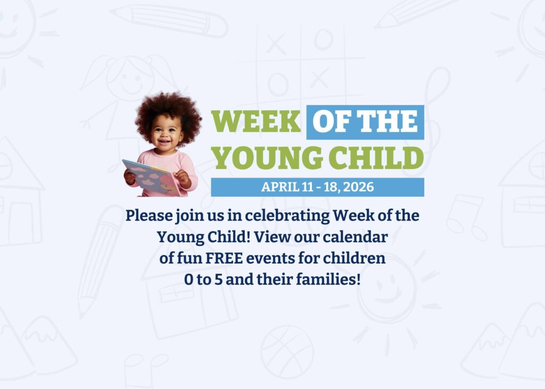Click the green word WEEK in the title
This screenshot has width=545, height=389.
pos(256,121)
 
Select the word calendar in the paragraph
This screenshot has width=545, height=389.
pos(355,237)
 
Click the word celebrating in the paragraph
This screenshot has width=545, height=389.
pos(287,216)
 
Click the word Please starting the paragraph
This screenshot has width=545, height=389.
pos(149,216)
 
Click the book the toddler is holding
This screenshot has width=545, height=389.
pos(151,177)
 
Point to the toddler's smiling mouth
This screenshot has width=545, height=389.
pos(164,141)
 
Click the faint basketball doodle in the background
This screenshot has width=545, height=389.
pos(287,352)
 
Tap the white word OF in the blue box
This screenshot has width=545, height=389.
pos(332,121)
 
